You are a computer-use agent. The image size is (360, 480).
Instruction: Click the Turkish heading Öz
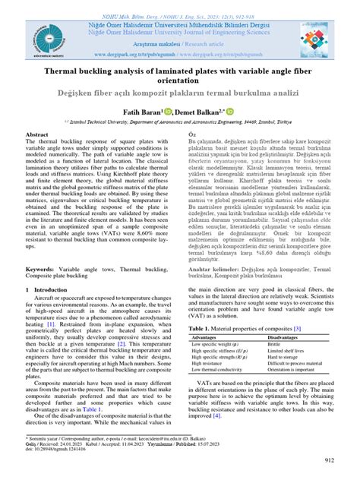click(x=192, y=134)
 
